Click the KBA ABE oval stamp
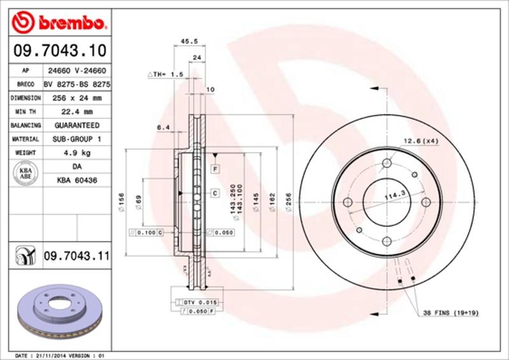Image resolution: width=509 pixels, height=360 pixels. pyautogui.click(x=24, y=174)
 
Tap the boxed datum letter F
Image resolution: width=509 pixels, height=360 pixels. pyautogui.click(x=216, y=169)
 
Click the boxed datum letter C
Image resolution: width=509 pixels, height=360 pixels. pyautogui.click(x=215, y=193)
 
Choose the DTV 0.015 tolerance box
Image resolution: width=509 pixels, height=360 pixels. pyautogui.click(x=200, y=301)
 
